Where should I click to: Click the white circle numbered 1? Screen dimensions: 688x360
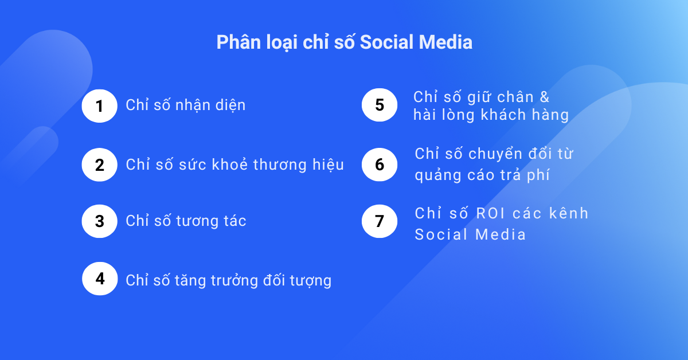[x=100, y=106]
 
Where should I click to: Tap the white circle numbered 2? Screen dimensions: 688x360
[x=100, y=165]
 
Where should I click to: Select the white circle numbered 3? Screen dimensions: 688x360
[x=100, y=221]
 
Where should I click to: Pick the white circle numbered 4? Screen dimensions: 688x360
[x=100, y=279]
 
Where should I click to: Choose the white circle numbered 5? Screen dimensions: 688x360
[x=380, y=105]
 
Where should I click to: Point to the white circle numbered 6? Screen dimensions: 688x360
[x=380, y=165]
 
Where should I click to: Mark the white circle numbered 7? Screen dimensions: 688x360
[x=380, y=221]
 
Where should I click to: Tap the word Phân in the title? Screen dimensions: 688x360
[x=239, y=42]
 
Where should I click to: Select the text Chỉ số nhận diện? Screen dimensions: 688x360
[x=186, y=105]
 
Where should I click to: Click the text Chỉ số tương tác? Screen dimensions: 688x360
[x=186, y=221]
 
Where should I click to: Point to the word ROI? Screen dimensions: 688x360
[x=491, y=213]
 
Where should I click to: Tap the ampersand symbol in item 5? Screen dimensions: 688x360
[x=545, y=97]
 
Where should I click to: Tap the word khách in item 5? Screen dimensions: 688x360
[x=503, y=115]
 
